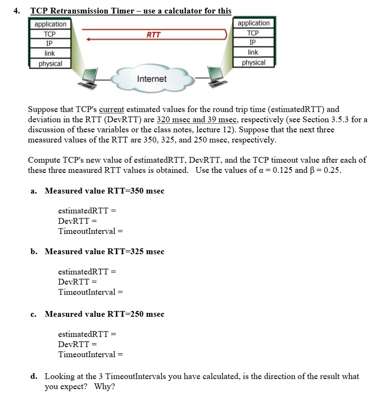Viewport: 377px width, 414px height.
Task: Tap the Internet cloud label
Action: (x=151, y=79)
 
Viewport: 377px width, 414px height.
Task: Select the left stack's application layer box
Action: (x=50, y=24)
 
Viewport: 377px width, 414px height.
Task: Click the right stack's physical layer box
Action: (x=253, y=62)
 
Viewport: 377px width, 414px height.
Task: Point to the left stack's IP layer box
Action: (x=50, y=43)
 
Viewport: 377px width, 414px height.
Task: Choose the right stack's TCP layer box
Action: (x=253, y=33)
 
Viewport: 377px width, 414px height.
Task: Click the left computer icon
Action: (x=89, y=77)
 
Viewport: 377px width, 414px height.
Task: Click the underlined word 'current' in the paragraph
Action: (x=111, y=109)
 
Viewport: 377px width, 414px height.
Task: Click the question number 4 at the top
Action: (x=16, y=11)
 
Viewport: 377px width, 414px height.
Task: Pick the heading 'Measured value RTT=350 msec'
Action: (x=105, y=191)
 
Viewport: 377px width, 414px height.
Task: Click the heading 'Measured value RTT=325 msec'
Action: (x=105, y=251)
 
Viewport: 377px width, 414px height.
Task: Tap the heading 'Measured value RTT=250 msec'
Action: (x=105, y=314)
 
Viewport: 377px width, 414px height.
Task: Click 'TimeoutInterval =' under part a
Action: (x=91, y=231)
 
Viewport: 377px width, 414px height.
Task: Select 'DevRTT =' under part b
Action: (x=78, y=282)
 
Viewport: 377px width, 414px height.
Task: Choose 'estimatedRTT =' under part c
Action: (x=87, y=334)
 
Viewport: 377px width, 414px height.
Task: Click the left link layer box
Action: (x=50, y=53)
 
